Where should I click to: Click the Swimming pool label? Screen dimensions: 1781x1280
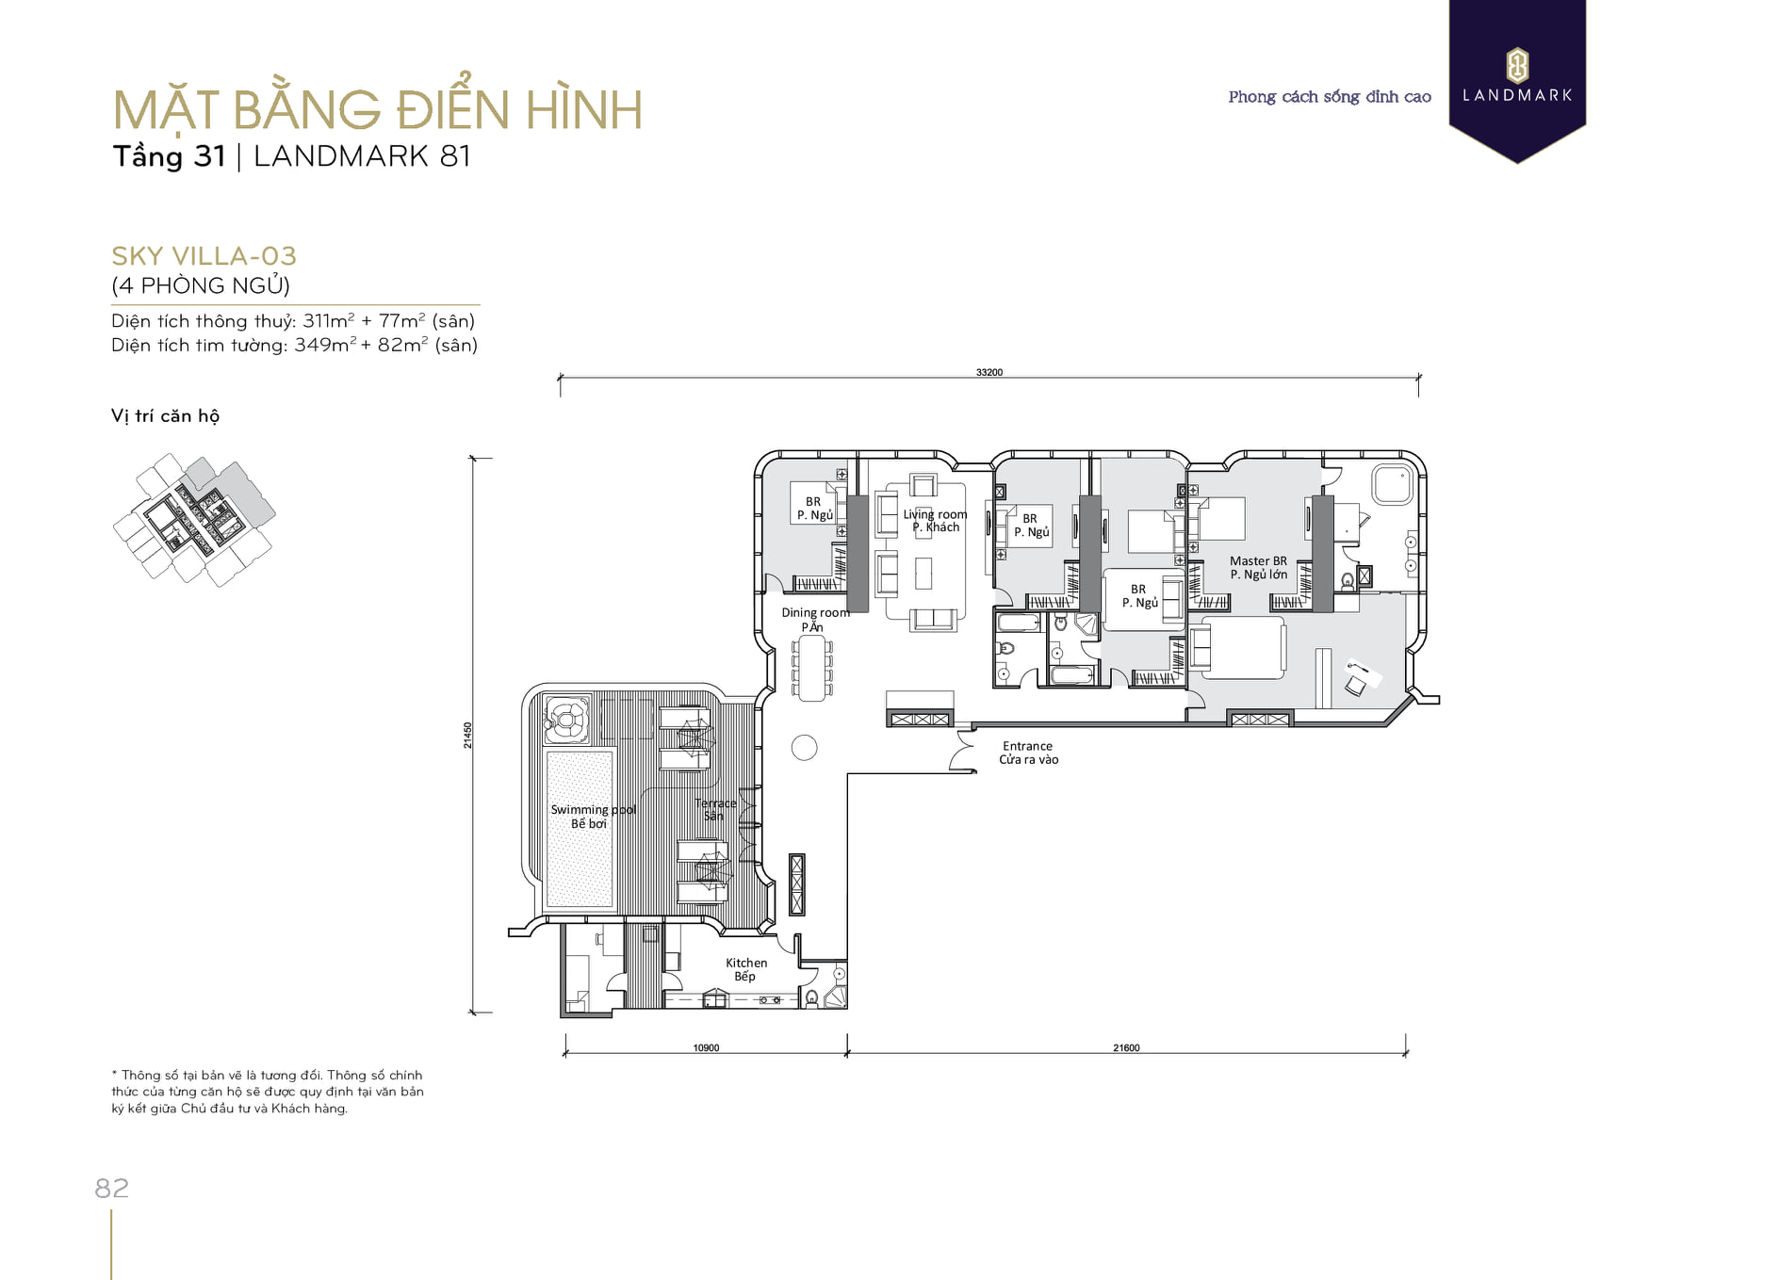[x=593, y=810]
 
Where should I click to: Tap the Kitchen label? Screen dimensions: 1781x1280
[x=746, y=963]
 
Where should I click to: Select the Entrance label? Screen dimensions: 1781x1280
[x=1027, y=746]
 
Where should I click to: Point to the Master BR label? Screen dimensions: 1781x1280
[x=1258, y=561]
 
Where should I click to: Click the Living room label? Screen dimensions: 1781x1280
[x=935, y=514]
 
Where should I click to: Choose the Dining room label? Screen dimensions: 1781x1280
[x=815, y=612]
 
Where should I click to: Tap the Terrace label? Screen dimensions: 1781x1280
[x=715, y=803]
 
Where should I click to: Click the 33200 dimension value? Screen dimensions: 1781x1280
[x=989, y=372]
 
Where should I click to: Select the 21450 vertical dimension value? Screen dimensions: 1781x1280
[x=468, y=736]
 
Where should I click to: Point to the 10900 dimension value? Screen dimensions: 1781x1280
[x=706, y=1047]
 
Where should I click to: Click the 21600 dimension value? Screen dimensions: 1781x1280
[x=1126, y=1047]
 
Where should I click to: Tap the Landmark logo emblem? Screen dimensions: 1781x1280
[x=1517, y=66]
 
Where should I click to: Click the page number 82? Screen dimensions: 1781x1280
[x=111, y=1189]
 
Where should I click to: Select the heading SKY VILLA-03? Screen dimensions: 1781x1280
[x=204, y=256]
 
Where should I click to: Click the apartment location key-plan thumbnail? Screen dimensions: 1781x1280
[x=194, y=520]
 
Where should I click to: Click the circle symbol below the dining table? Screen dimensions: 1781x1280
[x=804, y=748]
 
